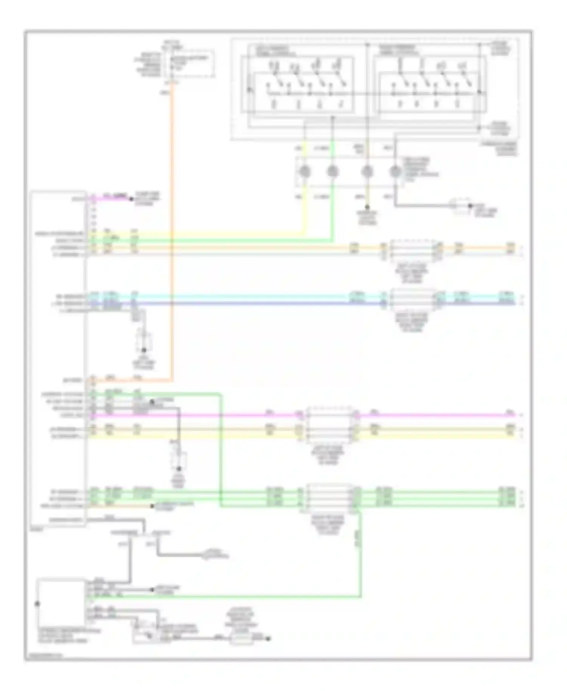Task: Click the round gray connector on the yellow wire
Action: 304,172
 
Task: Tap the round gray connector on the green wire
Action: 332,172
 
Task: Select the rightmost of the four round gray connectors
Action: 395,172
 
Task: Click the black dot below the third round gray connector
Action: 367,207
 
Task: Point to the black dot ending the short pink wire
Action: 132,199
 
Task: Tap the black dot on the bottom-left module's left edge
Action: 37,604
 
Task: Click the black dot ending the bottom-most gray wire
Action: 268,639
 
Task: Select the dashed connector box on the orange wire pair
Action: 413,250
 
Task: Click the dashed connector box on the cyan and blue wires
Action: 413,299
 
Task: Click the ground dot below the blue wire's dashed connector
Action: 144,350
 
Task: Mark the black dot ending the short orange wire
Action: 152,506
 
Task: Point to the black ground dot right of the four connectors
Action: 470,206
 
